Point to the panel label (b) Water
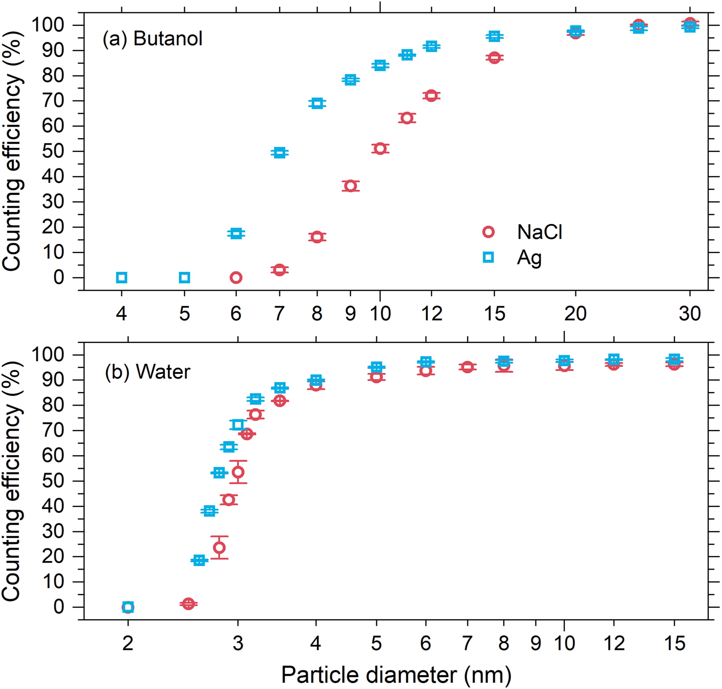point(148,372)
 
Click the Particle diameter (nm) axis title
point(396,675)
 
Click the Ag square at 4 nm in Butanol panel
point(122,278)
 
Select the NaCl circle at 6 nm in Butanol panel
point(236,278)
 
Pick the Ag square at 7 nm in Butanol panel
point(279,153)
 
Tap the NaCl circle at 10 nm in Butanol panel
point(380,149)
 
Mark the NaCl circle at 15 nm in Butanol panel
point(494,58)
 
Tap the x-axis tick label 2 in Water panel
point(128,644)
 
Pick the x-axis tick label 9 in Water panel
point(536,644)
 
